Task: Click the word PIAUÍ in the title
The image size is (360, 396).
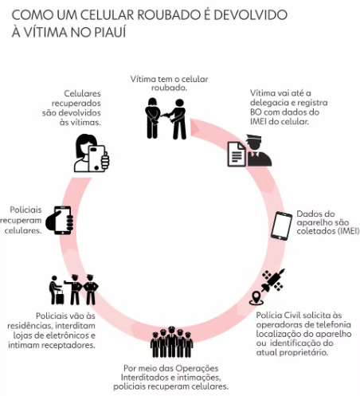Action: (110, 32)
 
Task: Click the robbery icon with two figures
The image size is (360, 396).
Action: (166, 119)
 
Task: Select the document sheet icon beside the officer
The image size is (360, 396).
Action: (237, 154)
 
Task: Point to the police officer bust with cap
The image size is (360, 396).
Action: (258, 151)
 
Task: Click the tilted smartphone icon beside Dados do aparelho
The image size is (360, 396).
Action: (281, 225)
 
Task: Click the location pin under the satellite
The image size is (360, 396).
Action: (256, 298)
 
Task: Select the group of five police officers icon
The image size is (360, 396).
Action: (171, 342)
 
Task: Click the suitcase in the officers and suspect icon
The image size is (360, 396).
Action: (60, 297)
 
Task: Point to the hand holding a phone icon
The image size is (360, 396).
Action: (60, 220)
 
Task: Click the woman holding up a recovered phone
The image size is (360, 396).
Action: (92, 153)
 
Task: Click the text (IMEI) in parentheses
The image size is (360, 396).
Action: (348, 230)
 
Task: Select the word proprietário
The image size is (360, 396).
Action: (303, 353)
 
